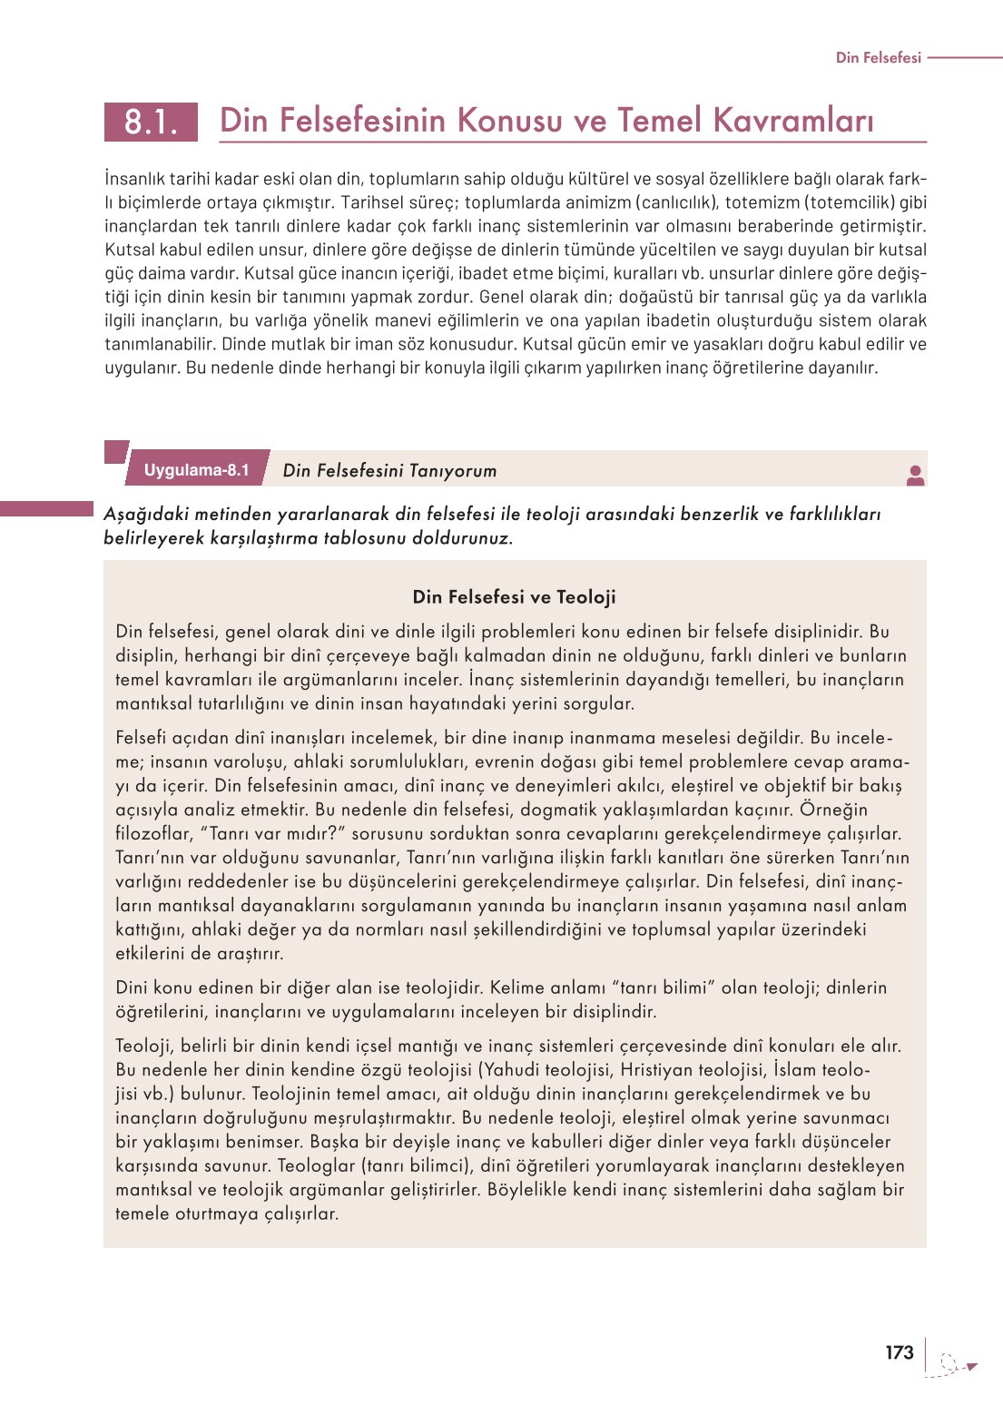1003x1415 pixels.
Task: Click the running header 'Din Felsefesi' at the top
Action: click(878, 57)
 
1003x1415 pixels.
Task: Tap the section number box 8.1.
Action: click(151, 121)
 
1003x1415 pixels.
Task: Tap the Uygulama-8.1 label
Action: click(196, 470)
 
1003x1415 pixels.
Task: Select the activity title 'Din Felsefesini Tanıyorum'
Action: click(389, 470)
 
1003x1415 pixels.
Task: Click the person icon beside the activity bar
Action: click(915, 475)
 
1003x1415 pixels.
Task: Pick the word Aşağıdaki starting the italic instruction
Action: click(144, 515)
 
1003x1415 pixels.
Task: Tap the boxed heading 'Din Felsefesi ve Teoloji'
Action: click(514, 597)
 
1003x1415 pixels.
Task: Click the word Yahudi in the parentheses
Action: click(515, 1069)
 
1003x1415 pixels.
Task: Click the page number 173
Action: click(899, 1352)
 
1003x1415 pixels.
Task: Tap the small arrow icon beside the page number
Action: click(970, 1366)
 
